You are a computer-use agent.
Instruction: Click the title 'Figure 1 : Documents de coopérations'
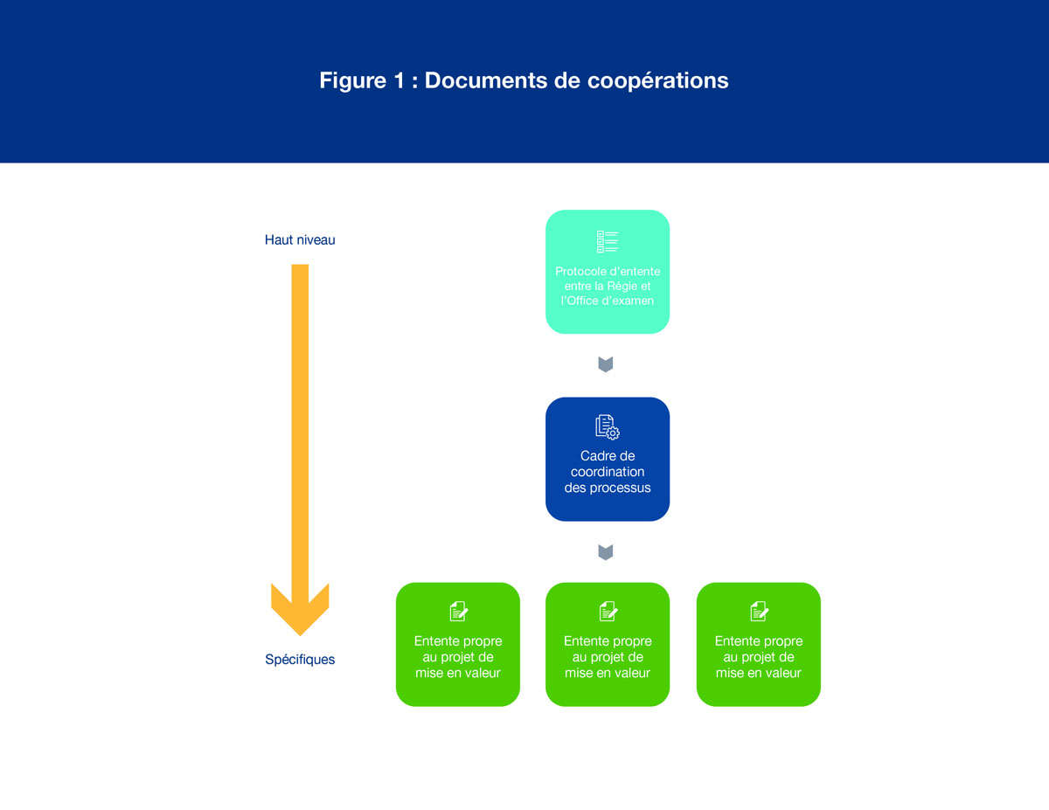click(x=524, y=80)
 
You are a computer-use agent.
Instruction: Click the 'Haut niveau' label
click(x=300, y=239)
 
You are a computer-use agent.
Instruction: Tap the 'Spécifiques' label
click(x=300, y=660)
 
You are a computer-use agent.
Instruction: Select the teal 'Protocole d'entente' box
click(x=608, y=272)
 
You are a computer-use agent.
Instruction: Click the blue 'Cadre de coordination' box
click(x=608, y=460)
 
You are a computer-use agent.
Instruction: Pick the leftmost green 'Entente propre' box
click(x=458, y=644)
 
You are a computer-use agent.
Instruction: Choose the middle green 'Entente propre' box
click(x=608, y=644)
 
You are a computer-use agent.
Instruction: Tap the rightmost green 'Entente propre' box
click(x=759, y=644)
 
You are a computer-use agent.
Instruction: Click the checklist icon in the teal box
click(x=607, y=242)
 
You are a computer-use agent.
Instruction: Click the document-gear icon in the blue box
click(x=608, y=427)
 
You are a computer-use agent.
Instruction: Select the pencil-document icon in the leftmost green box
click(x=458, y=611)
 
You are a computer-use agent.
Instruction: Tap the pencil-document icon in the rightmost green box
click(x=759, y=611)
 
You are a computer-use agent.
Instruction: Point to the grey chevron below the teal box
click(x=606, y=364)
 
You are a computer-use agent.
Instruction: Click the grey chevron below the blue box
click(x=606, y=552)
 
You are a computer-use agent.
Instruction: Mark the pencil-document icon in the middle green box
click(x=608, y=611)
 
